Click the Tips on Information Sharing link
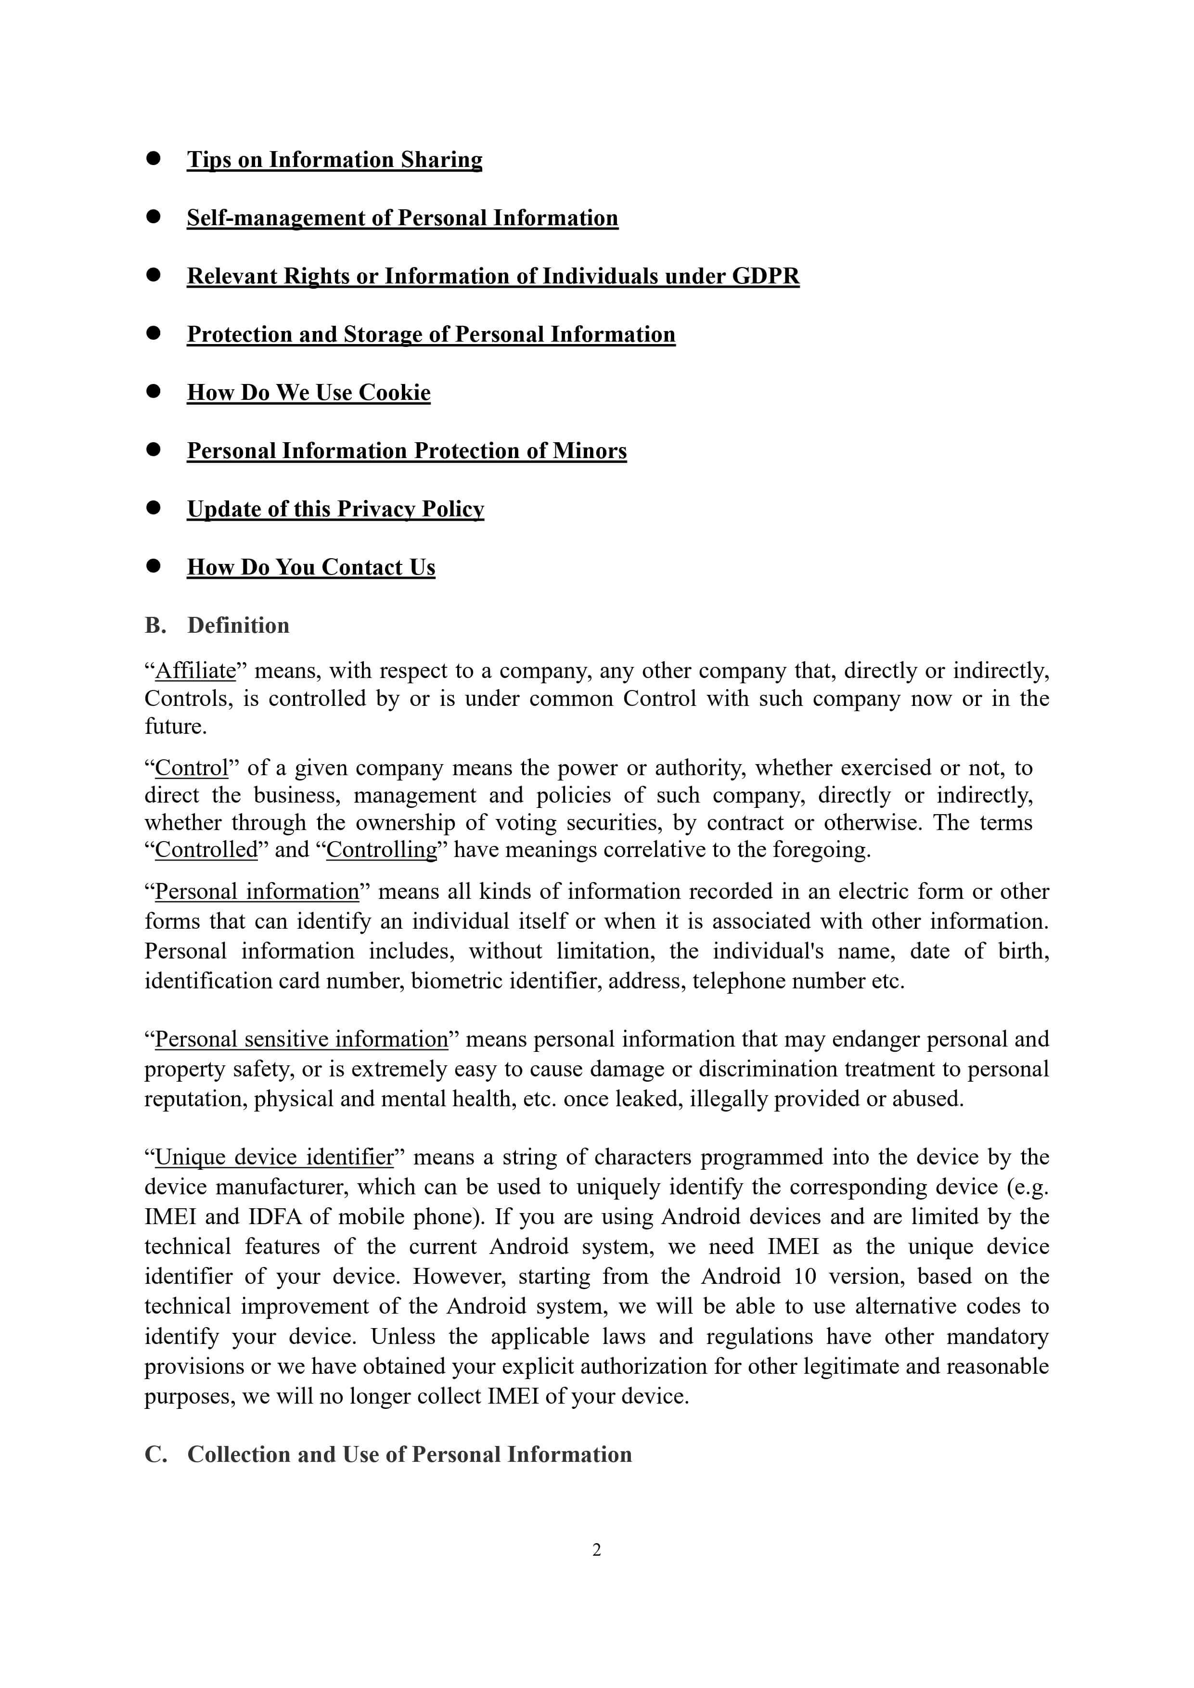coord(334,160)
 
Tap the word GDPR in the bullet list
coord(765,276)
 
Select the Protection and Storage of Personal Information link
coord(431,334)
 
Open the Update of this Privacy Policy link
coord(335,509)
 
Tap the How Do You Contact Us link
coord(311,567)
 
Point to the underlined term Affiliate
coord(195,670)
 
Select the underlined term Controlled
coord(206,849)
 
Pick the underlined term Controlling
coord(382,849)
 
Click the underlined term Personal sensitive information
coord(301,1039)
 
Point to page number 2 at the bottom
coord(597,1550)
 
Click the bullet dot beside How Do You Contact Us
coord(153,565)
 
